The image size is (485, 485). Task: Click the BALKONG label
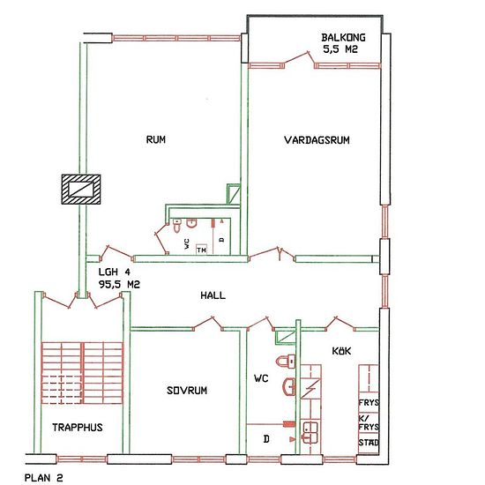tap(343, 37)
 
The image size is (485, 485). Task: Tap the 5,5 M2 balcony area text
tap(340, 49)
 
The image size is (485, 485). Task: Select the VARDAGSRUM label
tap(317, 140)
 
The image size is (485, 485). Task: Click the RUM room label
tap(155, 139)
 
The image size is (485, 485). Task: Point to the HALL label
tap(213, 295)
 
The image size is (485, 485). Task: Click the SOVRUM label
tap(187, 391)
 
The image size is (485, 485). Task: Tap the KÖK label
tap(341, 351)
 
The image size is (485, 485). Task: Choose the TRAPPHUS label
tap(78, 428)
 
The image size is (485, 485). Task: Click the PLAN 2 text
tap(43, 478)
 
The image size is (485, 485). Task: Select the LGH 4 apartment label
tap(115, 272)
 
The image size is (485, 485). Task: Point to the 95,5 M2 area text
tap(119, 284)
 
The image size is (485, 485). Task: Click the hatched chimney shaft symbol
tap(81, 190)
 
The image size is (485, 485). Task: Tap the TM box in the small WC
tap(201, 250)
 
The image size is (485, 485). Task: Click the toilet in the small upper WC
tap(177, 226)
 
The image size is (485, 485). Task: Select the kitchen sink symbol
tap(310, 432)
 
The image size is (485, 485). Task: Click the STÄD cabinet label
tap(369, 443)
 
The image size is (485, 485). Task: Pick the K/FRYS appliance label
tap(369, 422)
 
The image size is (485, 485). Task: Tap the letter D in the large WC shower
tap(266, 438)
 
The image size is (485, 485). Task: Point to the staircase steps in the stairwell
tap(82, 373)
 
